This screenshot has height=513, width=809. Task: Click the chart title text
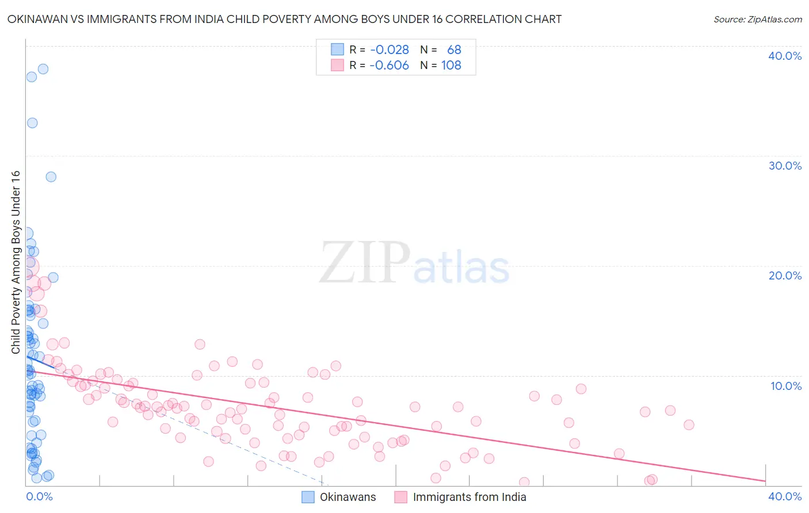click(x=284, y=19)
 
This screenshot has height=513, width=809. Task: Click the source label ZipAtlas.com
click(x=757, y=19)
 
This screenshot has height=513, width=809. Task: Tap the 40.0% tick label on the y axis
click(x=784, y=56)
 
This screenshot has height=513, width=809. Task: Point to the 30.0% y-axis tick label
click(x=784, y=166)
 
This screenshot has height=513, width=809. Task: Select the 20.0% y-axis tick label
click(x=784, y=275)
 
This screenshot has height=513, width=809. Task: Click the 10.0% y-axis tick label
click(x=785, y=386)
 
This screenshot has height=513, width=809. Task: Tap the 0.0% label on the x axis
click(x=39, y=496)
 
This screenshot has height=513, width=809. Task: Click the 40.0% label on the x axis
click(x=784, y=496)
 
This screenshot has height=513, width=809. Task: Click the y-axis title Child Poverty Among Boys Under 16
click(x=16, y=262)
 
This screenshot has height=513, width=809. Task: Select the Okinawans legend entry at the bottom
click(x=339, y=497)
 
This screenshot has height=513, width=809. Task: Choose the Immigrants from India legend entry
click(x=460, y=497)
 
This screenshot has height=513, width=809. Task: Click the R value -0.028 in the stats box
click(x=390, y=50)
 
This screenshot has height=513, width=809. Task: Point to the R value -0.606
click(x=390, y=66)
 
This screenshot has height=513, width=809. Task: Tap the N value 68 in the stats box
click(x=454, y=50)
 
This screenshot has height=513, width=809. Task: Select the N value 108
click(x=451, y=66)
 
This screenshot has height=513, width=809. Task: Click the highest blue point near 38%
click(x=43, y=69)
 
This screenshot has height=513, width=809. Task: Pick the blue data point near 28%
click(x=51, y=177)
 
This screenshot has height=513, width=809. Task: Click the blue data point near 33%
click(x=32, y=123)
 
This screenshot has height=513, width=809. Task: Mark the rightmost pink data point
click(x=689, y=425)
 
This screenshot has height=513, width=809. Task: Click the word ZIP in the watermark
click(x=364, y=263)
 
